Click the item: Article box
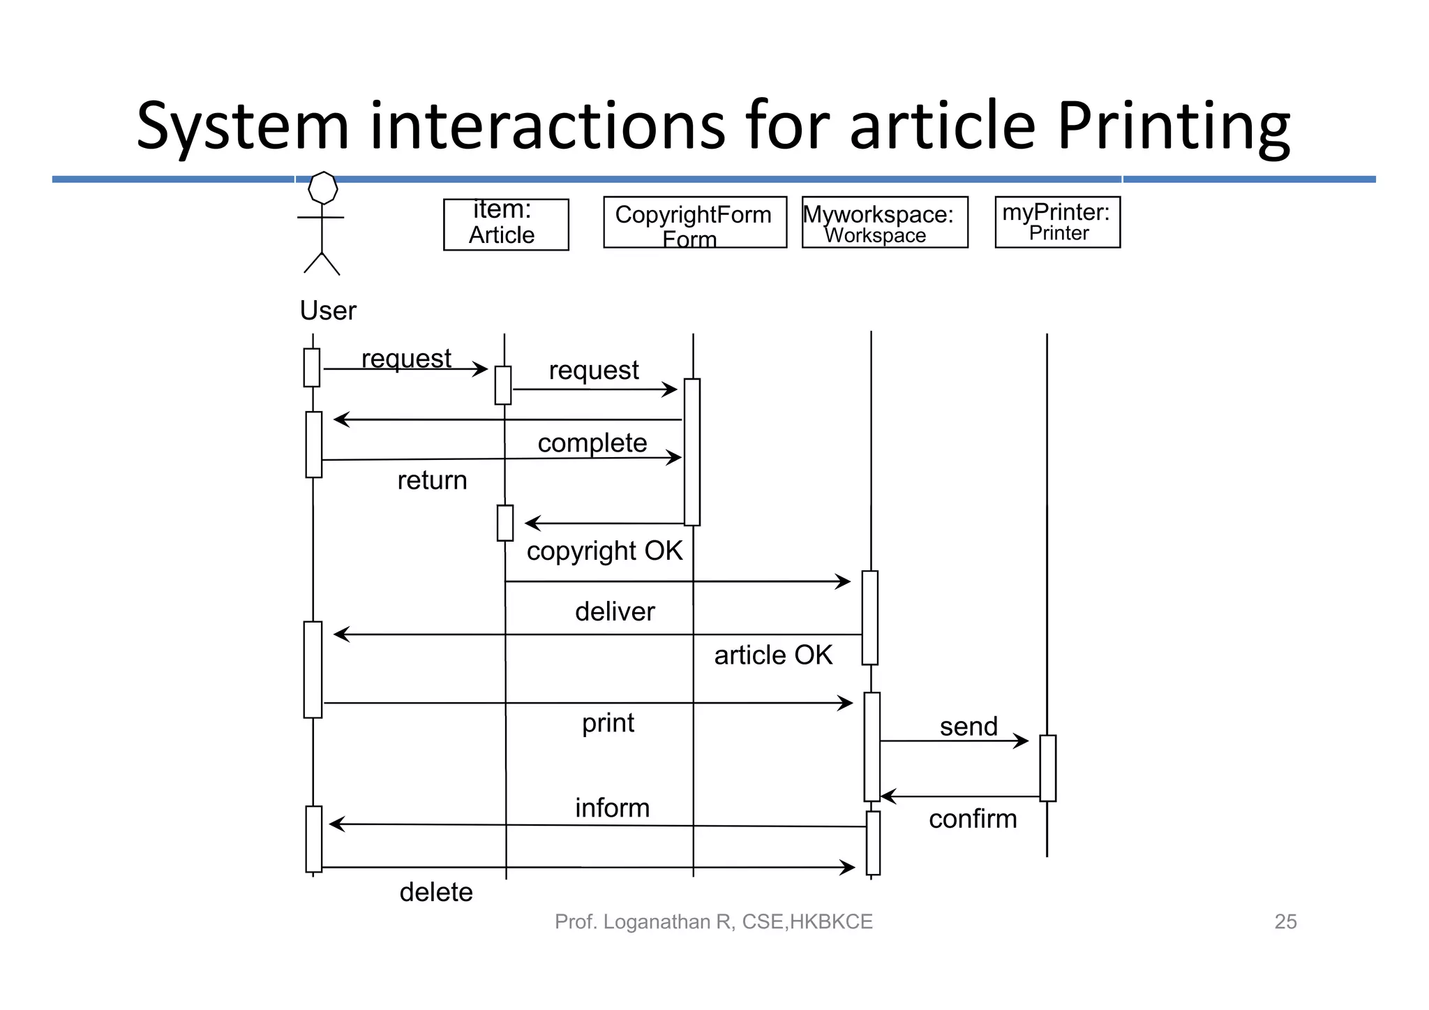506,224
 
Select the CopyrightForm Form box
694,222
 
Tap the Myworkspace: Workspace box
884,222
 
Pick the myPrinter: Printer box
1057,222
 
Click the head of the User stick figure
323,188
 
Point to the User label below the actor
327,311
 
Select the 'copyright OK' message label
604,551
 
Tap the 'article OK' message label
773,655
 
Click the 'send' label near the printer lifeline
968,727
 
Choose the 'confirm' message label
973,819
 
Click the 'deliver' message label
615,611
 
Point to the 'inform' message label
612,808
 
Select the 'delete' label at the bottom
436,892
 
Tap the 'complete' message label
592,443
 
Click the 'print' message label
608,722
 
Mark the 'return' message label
432,480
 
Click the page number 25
1285,921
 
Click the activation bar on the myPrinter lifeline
1047,768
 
